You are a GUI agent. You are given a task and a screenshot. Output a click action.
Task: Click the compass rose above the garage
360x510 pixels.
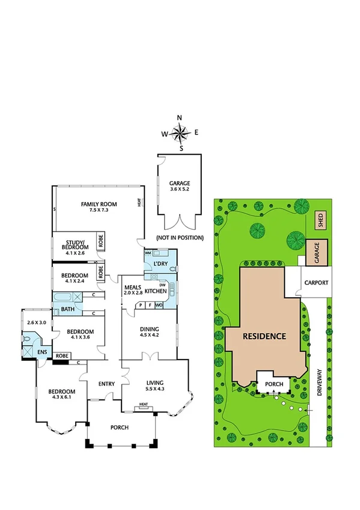point(182,131)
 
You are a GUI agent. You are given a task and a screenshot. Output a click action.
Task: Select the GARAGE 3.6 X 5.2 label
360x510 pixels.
point(180,186)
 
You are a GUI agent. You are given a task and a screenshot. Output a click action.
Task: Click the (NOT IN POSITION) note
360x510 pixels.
point(179,238)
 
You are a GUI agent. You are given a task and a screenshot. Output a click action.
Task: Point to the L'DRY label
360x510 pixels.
point(160,264)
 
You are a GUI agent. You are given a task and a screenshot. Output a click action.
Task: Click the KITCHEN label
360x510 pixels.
point(155,291)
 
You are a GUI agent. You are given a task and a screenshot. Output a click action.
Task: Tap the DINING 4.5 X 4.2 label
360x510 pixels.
point(149,332)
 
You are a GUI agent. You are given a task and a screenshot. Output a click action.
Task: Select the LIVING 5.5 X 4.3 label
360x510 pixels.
point(155,386)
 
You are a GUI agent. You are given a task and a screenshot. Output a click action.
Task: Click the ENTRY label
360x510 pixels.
point(106,383)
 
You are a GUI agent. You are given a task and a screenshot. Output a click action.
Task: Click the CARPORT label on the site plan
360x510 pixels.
point(316,281)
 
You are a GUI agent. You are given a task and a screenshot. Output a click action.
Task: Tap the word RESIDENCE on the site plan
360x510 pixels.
point(264,336)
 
